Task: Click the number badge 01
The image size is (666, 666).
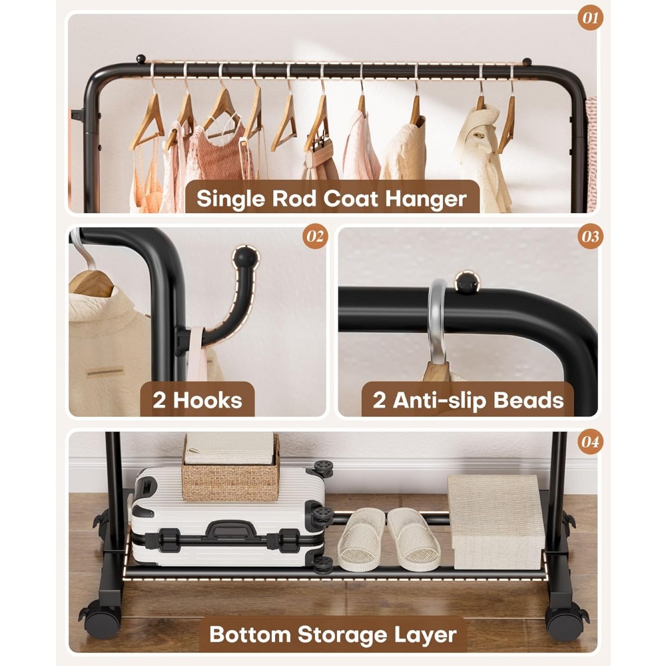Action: pos(590,18)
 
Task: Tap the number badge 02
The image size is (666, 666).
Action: pos(315,236)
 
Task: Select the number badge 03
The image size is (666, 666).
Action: pos(590,236)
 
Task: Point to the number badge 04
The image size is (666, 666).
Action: pos(590,442)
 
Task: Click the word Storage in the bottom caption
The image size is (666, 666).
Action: pos(342,635)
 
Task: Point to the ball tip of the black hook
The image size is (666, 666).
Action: pos(246,257)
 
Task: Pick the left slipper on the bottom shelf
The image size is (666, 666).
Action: pos(362,538)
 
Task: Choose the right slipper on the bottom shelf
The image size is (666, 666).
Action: pos(414,538)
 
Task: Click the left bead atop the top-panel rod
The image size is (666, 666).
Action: pos(141,59)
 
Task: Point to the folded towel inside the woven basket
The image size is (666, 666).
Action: pos(230,448)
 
